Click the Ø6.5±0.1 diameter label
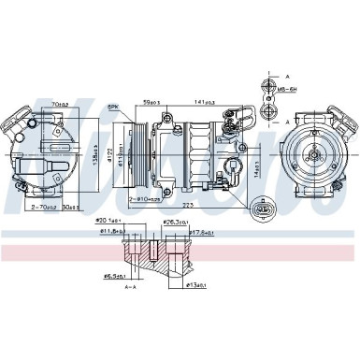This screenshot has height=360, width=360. (115, 275)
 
